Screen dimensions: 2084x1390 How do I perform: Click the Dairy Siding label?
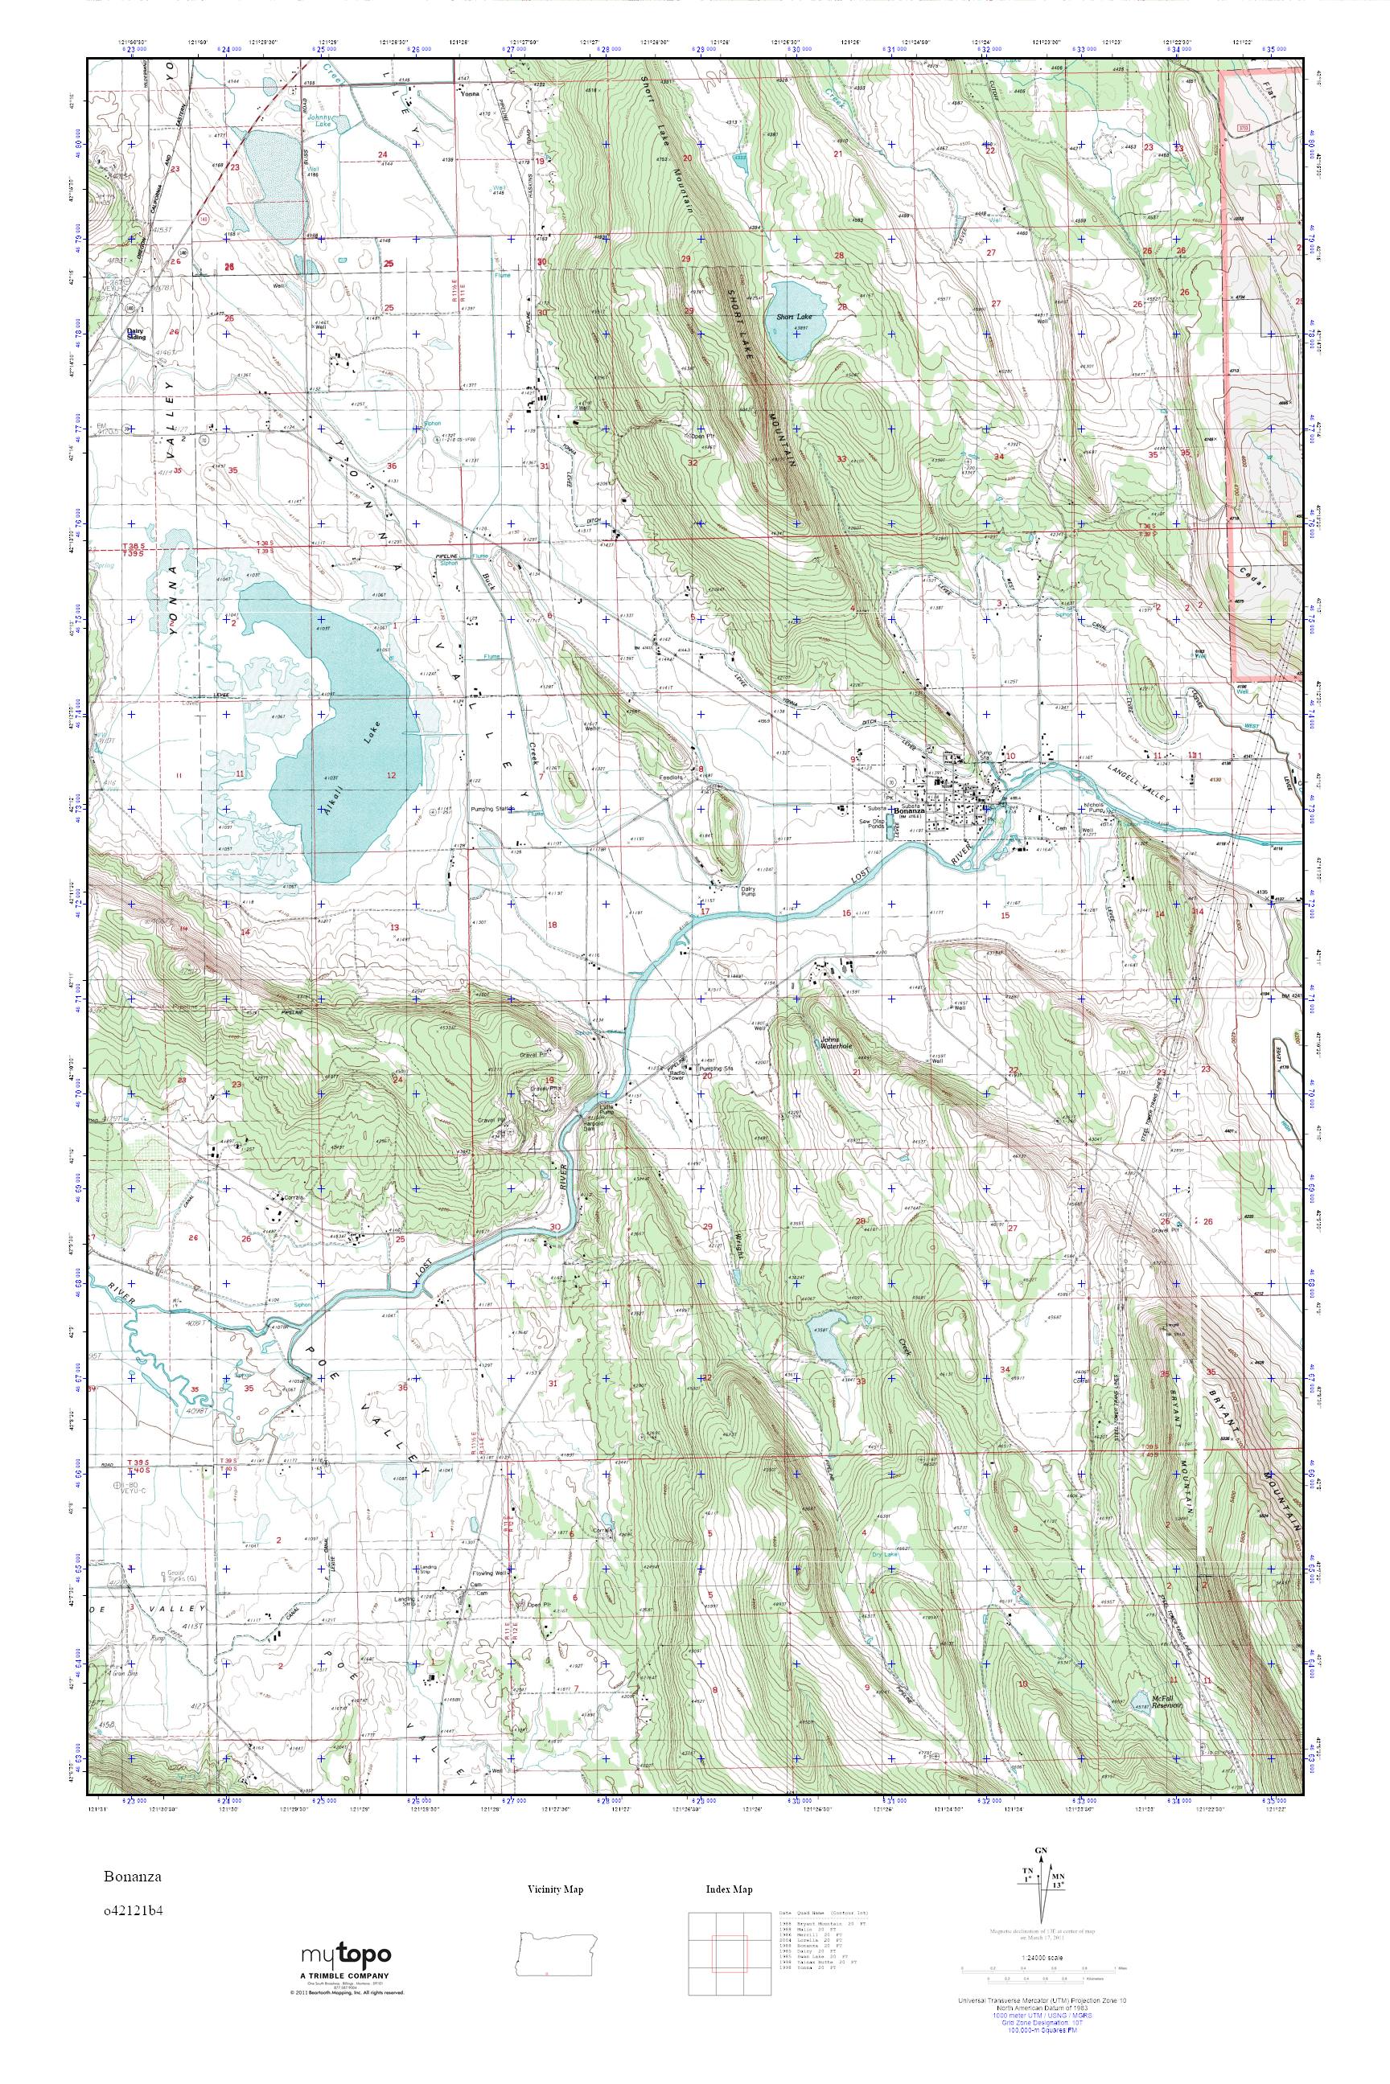(x=136, y=335)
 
